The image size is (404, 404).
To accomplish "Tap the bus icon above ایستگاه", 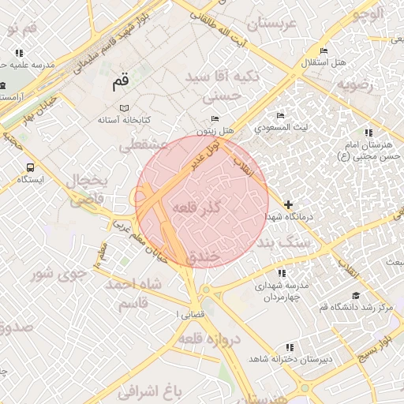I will tap(30, 167).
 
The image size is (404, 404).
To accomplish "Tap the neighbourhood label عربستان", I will tap(270, 24).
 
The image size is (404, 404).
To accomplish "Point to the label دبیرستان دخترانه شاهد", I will tap(290, 359).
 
